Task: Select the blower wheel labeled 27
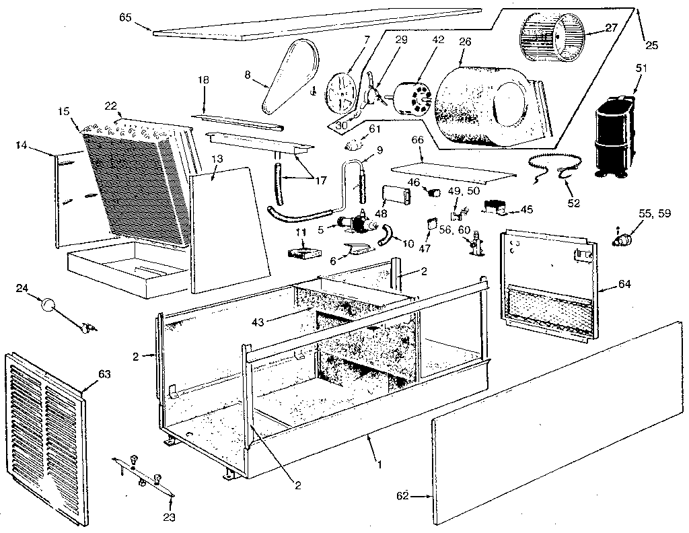pyautogui.click(x=551, y=33)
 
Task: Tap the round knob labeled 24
pyautogui.click(x=48, y=304)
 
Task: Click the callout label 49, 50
pyautogui.click(x=464, y=192)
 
